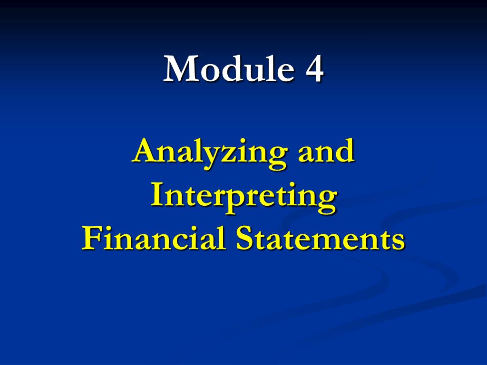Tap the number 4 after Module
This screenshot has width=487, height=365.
coord(314,69)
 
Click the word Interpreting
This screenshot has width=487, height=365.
coord(243,197)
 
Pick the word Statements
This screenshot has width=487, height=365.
coord(320,239)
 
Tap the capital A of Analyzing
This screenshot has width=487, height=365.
coord(144,152)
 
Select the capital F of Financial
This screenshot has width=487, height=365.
coord(90,238)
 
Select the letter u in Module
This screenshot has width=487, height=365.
coord(250,71)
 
